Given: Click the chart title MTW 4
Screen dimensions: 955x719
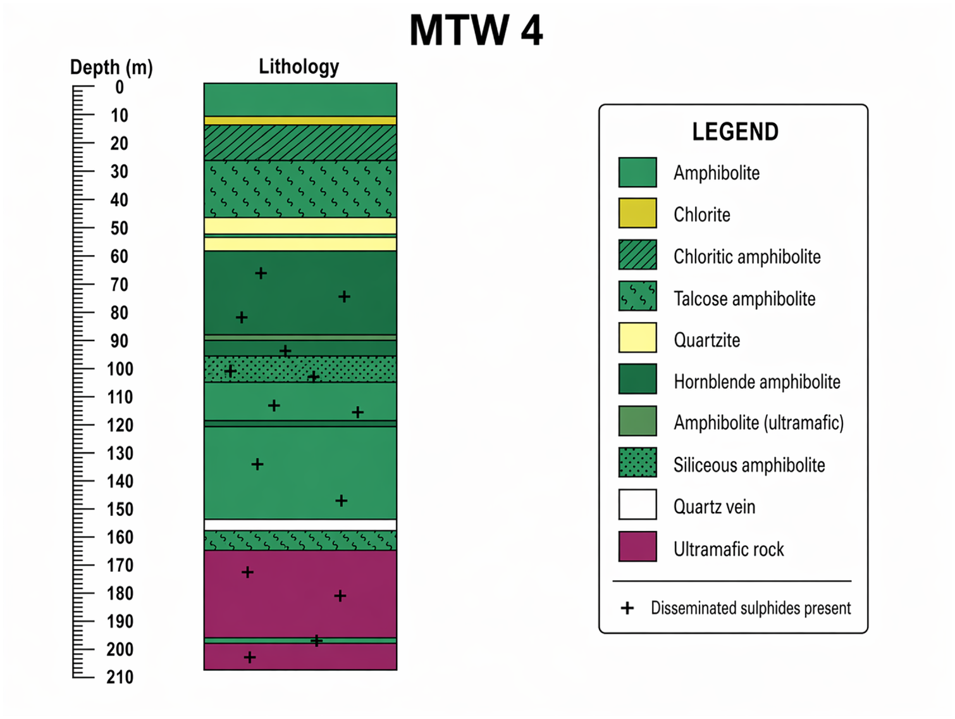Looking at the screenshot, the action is point(476,30).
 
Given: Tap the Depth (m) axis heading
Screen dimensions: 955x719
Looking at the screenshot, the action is point(111,68).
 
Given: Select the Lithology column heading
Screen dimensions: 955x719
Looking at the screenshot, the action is point(299,66).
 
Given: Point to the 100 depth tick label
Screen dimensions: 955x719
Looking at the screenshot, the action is point(120,369).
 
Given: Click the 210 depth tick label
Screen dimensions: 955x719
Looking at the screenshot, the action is point(120,677).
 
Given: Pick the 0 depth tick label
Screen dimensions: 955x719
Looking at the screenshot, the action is point(120,87).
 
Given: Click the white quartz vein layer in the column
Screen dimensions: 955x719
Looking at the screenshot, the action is point(300,525).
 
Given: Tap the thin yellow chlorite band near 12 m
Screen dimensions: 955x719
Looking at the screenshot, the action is point(300,120).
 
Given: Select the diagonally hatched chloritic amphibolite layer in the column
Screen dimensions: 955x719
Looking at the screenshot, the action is point(300,143).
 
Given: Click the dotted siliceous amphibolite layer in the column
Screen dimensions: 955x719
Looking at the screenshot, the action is point(300,369).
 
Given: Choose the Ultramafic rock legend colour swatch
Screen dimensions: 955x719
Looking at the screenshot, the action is point(638,546).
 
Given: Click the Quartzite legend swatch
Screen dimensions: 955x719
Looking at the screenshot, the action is point(638,337).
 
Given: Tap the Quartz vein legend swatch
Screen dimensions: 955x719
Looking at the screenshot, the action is point(638,504).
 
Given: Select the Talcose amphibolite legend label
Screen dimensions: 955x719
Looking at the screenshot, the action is point(744,299).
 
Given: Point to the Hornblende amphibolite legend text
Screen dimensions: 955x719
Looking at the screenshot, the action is point(757,382).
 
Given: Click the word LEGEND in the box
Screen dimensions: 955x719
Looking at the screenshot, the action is point(736,132).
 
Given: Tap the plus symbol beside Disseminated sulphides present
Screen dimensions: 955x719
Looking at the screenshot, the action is point(627,608).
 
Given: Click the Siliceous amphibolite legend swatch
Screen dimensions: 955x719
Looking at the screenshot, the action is point(638,462).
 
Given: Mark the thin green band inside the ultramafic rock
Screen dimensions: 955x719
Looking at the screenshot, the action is point(300,641).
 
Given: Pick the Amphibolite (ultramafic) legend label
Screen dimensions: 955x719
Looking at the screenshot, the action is point(759,423).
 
